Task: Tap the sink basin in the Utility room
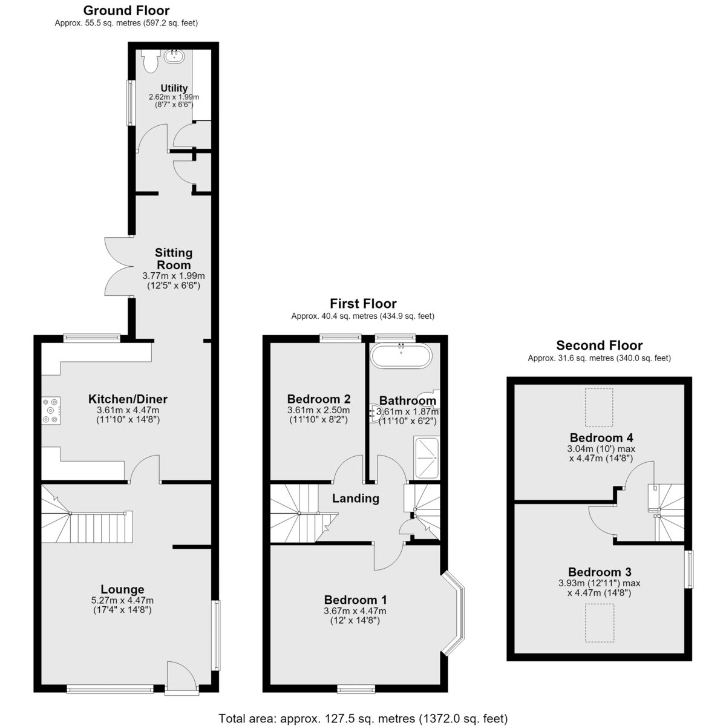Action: click(x=175, y=57)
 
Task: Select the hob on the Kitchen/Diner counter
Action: click(x=51, y=411)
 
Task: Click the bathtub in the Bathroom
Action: click(x=401, y=355)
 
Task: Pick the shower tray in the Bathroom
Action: click(x=427, y=457)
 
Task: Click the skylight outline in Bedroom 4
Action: click(x=599, y=408)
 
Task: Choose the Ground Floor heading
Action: click(x=126, y=10)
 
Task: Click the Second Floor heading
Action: click(x=600, y=345)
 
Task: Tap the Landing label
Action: click(x=356, y=498)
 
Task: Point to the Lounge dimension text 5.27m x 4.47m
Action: click(x=122, y=601)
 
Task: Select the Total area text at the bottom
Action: click(x=363, y=719)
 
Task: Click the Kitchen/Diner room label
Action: click(x=128, y=399)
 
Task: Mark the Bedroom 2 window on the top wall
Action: click(x=341, y=338)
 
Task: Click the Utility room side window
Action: click(x=131, y=102)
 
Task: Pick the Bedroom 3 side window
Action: click(x=688, y=569)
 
